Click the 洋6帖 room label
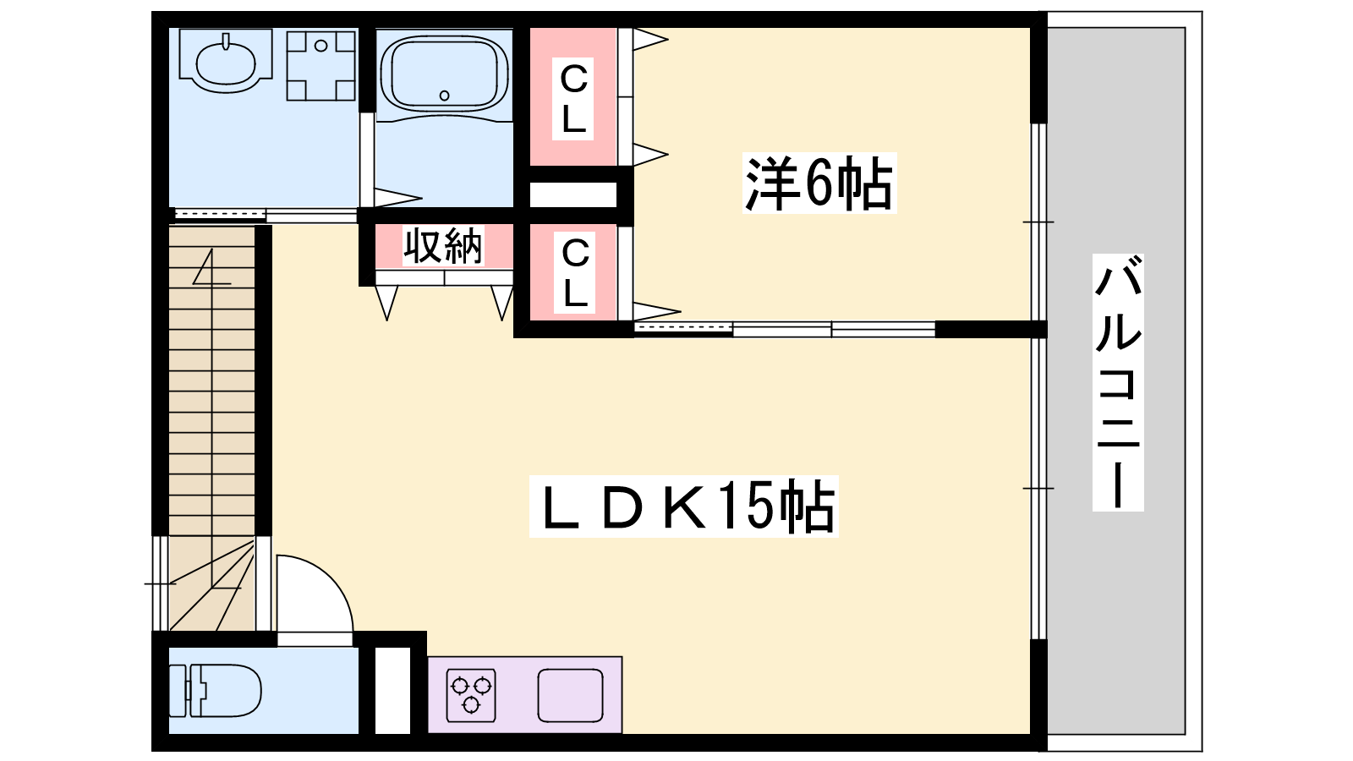[819, 183]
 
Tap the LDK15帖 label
[684, 506]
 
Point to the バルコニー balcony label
[1118, 382]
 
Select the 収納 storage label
[443, 246]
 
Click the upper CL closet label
[573, 98]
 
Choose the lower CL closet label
[574, 272]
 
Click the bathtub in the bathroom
[444, 74]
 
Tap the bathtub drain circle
[445, 96]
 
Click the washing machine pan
[320, 66]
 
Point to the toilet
[215, 690]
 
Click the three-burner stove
[471, 695]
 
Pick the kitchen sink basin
[570, 695]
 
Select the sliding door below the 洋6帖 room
[785, 329]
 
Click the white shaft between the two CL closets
[573, 194]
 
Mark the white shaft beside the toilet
[392, 690]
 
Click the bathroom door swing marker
[397, 198]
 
